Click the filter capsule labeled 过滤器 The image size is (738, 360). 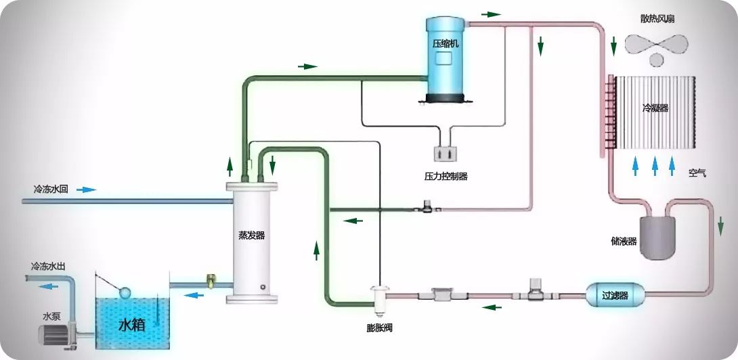click(x=615, y=294)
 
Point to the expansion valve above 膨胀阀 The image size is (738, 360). click(x=379, y=296)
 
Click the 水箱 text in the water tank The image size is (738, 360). click(x=132, y=325)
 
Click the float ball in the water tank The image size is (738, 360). click(x=125, y=293)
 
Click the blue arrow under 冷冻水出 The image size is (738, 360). click(x=47, y=286)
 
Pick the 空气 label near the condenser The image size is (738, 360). click(x=697, y=173)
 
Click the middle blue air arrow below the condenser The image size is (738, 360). click(x=654, y=166)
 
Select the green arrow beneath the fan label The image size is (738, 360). click(x=613, y=46)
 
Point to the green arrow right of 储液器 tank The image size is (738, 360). click(x=721, y=223)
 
